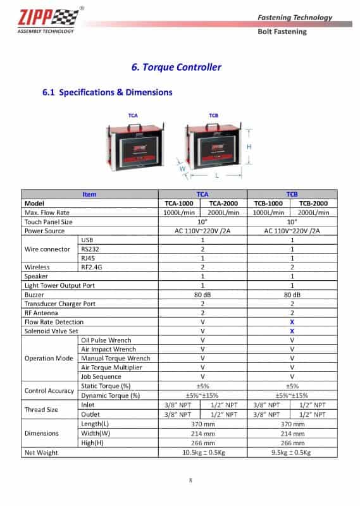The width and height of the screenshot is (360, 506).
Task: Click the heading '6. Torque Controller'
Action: [x=176, y=67]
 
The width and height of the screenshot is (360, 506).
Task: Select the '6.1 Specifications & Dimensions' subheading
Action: [x=107, y=92]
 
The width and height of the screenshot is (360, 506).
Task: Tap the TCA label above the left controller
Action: [x=133, y=116]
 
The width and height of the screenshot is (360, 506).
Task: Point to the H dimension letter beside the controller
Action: [x=249, y=146]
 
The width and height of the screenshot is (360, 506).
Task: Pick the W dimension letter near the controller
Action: [x=183, y=169]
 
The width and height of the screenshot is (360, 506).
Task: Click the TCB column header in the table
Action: [x=292, y=195]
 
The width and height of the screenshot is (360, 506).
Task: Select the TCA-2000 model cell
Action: [x=223, y=204]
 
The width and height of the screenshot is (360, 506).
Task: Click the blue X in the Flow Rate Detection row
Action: [x=292, y=322]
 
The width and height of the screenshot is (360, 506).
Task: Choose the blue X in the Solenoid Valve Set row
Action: [x=292, y=331]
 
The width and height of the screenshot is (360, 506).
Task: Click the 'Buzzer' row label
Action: [x=34, y=295]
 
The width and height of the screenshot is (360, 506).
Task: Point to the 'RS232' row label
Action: [x=90, y=249]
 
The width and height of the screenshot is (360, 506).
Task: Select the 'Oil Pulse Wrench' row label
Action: [x=106, y=340]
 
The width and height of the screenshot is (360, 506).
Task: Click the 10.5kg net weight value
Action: [x=202, y=453]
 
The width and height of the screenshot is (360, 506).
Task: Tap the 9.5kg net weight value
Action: [x=292, y=453]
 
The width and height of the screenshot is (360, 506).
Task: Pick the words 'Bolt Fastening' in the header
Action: [x=282, y=32]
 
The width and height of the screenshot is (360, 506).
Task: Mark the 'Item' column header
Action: [x=89, y=195]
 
